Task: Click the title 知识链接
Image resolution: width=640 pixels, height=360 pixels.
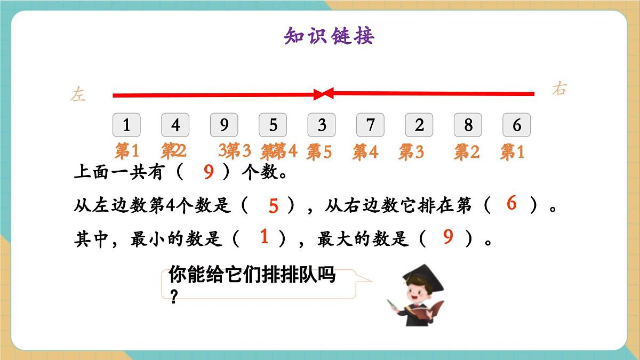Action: (329, 36)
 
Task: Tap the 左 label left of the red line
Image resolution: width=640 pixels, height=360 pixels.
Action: (78, 95)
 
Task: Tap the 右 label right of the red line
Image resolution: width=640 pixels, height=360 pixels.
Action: (559, 89)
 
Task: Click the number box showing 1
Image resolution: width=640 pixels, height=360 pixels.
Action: (126, 125)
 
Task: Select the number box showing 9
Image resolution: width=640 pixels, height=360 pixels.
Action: (224, 125)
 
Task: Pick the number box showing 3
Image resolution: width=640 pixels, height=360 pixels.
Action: (322, 125)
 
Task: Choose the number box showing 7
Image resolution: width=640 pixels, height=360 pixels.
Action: (371, 125)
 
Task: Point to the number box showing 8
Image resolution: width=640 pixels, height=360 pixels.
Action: (468, 125)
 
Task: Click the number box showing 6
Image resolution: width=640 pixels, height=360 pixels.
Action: (516, 125)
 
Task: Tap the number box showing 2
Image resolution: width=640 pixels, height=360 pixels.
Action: (419, 125)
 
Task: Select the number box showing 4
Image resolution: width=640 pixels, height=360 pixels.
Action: (175, 125)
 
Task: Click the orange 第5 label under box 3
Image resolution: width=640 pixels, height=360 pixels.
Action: (319, 153)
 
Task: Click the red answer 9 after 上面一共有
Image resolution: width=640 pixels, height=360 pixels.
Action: (209, 172)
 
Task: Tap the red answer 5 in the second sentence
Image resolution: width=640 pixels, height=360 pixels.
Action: (274, 206)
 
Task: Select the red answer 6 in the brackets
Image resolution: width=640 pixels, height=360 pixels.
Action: (511, 203)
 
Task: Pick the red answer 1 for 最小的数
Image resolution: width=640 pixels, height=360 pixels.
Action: (264, 237)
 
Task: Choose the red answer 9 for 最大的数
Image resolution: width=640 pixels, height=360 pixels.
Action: (448, 237)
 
